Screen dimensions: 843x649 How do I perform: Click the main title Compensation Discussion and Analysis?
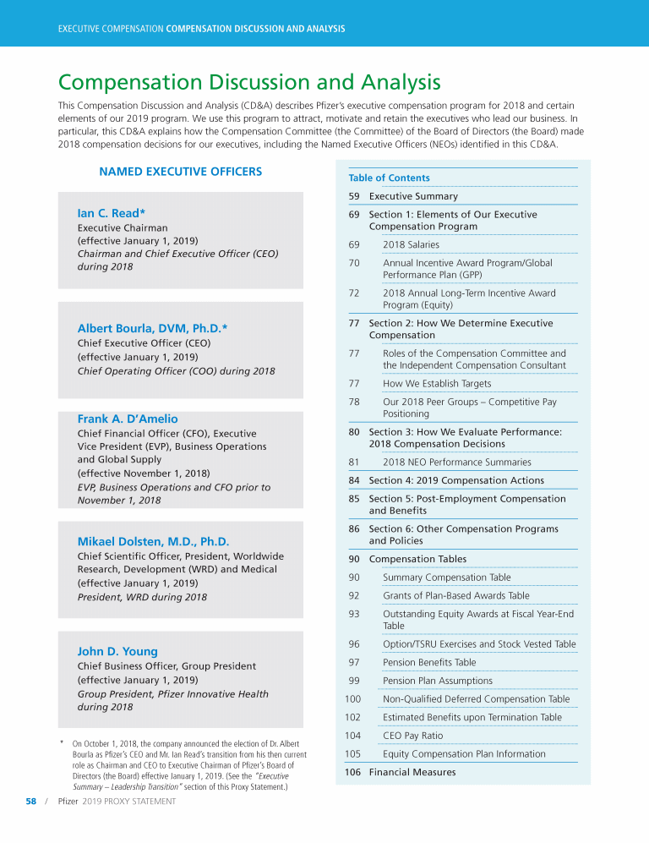click(x=249, y=83)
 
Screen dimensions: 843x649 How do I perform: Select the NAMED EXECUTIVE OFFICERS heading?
click(x=180, y=172)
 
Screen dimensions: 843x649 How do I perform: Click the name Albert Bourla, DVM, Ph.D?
click(x=152, y=328)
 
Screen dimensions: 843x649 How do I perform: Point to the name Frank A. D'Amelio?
click(x=128, y=419)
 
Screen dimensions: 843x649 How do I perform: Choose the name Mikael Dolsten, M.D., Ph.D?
click(x=153, y=541)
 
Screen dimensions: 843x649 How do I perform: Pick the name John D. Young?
click(x=117, y=651)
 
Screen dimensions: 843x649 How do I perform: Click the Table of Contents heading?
click(x=389, y=178)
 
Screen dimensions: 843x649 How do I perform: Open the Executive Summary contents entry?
click(x=413, y=196)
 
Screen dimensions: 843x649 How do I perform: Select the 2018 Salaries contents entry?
click(x=411, y=244)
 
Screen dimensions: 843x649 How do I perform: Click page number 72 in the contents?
click(x=354, y=293)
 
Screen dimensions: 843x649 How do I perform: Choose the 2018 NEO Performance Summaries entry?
click(x=456, y=463)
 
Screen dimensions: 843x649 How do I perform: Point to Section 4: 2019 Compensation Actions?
click(x=456, y=480)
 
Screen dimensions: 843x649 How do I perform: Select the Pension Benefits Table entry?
click(x=428, y=663)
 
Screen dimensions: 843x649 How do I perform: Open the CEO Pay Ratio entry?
click(x=412, y=736)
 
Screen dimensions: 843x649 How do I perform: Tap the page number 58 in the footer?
click(x=30, y=801)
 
